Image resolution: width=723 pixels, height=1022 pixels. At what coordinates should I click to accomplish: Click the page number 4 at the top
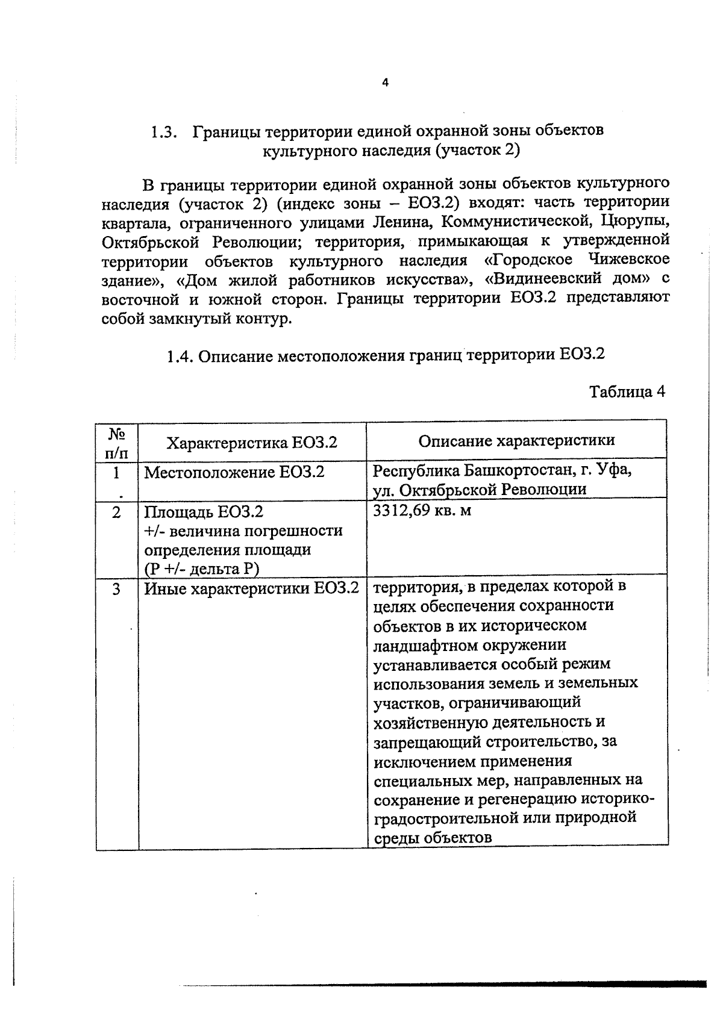coord(385,83)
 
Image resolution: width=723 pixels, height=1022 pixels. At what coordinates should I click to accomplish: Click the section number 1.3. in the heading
coord(163,131)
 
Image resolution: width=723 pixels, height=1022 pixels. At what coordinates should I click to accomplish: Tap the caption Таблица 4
coord(627,391)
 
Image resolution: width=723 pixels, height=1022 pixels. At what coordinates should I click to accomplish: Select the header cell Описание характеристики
coord(516,440)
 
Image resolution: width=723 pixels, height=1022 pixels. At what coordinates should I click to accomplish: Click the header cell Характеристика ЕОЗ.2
coord(251,443)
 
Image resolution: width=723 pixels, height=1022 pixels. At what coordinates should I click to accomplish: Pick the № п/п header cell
coord(117,443)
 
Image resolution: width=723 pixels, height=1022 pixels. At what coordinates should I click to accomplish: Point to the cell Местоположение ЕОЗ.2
coord(234,472)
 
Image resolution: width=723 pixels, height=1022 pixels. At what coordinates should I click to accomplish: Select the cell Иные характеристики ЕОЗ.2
coord(251,588)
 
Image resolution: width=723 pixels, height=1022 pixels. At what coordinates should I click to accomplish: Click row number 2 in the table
coord(117,512)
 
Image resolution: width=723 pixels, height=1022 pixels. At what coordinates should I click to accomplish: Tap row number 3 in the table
coord(117,588)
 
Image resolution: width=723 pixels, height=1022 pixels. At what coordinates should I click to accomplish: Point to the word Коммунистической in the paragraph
coord(514,222)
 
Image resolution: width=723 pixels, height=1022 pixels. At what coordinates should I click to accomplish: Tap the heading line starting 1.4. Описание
coord(385,355)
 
